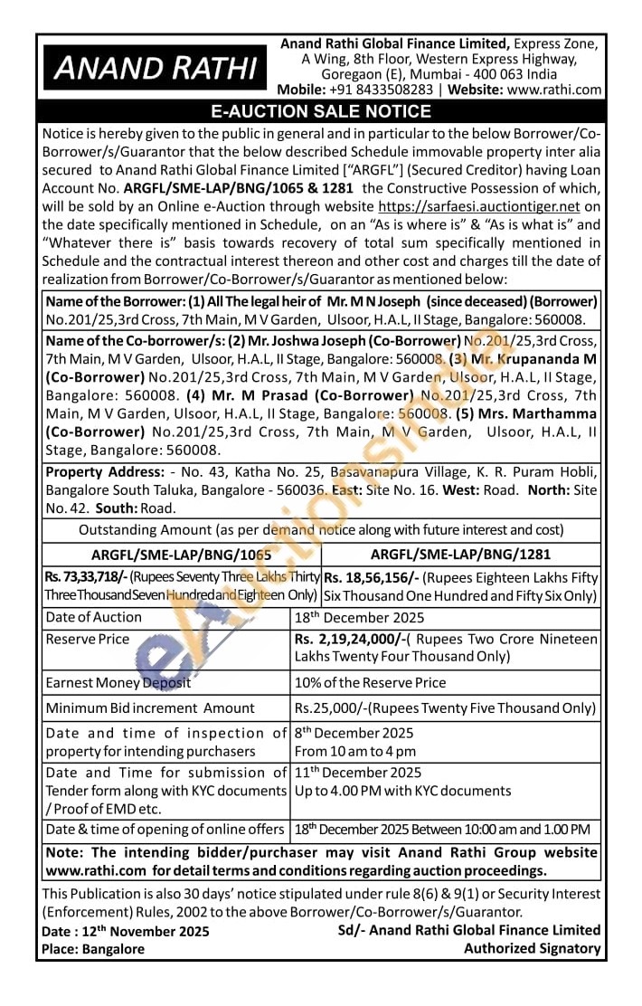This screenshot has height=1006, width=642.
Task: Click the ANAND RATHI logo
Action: pyautogui.click(x=156, y=69)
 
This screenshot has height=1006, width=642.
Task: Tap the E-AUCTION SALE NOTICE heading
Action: pyautogui.click(x=321, y=112)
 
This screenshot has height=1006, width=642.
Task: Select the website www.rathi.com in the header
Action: pyautogui.click(x=554, y=90)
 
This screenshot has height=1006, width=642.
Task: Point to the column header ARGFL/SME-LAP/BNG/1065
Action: pyautogui.click(x=182, y=555)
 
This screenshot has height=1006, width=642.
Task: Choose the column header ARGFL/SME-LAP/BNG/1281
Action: pyautogui.click(x=460, y=555)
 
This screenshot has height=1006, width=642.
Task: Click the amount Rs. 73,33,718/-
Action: pyautogui.click(x=86, y=576)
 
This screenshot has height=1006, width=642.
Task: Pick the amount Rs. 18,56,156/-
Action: pyautogui.click(x=367, y=577)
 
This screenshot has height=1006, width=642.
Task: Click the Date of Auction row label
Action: pyautogui.click(x=94, y=617)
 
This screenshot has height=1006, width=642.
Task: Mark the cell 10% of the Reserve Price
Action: pyautogui.click(x=370, y=682)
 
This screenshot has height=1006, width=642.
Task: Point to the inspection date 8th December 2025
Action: pyautogui.click(x=354, y=733)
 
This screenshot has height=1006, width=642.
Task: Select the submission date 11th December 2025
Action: pyautogui.click(x=358, y=773)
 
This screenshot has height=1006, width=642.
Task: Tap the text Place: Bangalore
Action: pyautogui.click(x=92, y=949)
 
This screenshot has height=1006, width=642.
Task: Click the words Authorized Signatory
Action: pyautogui.click(x=532, y=948)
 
